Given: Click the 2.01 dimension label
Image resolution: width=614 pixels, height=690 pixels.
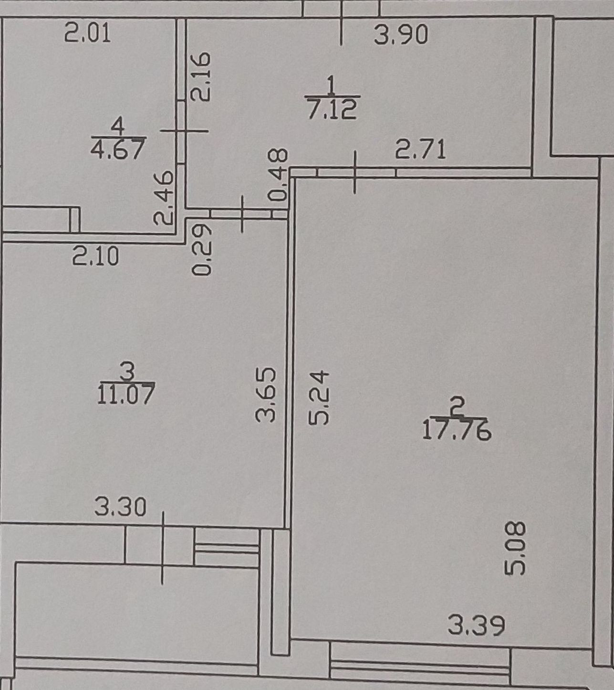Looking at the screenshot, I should (87, 34).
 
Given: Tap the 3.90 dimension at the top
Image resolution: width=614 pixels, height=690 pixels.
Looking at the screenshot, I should (401, 35).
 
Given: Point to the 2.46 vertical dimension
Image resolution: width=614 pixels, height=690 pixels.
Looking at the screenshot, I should (164, 198).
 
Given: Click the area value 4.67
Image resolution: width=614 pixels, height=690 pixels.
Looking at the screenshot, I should (117, 149).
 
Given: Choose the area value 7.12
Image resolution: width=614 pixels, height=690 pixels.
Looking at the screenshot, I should (332, 109).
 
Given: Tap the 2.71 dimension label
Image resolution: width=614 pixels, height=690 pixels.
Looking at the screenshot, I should (421, 149).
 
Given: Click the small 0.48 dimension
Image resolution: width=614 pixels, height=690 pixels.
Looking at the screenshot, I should (278, 174).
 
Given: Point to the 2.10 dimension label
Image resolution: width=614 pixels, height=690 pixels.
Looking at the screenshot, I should (95, 258).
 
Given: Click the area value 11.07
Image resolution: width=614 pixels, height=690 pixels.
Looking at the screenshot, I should (126, 394).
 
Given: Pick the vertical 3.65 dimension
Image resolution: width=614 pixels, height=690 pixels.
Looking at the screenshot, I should (266, 394).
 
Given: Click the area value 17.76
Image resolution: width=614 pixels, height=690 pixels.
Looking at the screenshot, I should (457, 431).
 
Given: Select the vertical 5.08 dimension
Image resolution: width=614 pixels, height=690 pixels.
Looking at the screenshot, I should (516, 548).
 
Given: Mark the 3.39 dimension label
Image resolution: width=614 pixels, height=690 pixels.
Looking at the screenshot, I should (476, 626).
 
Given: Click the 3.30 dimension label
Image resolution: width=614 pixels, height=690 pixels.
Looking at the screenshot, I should (120, 507).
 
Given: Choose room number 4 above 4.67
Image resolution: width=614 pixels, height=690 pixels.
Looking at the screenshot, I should (117, 127).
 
